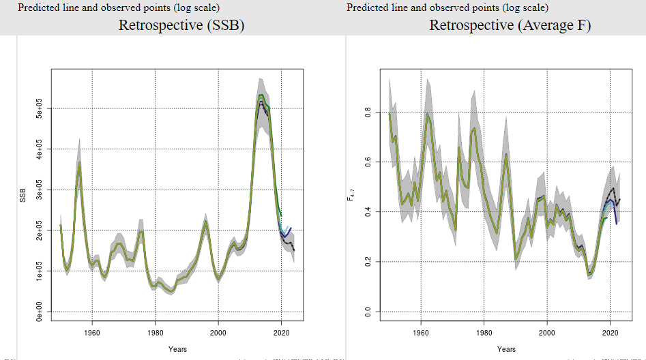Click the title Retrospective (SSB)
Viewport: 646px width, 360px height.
click(x=181, y=26)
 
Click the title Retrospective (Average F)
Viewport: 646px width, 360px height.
click(x=510, y=26)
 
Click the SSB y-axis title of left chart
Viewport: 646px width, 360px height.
click(x=23, y=194)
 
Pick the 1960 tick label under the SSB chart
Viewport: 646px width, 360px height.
click(x=91, y=333)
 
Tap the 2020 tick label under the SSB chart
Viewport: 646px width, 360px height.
click(x=281, y=333)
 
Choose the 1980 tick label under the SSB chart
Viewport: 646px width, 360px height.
click(x=155, y=333)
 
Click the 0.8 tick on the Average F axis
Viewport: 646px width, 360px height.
click(x=368, y=112)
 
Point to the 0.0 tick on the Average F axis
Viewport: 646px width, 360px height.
click(x=368, y=312)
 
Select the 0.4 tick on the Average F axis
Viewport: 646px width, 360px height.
click(x=368, y=211)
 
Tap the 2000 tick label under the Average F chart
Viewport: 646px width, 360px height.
click(x=547, y=333)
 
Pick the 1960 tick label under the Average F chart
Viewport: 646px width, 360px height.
click(x=421, y=333)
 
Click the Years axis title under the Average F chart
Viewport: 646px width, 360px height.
click(x=506, y=348)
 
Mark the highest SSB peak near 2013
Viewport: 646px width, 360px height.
click(x=261, y=95)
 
